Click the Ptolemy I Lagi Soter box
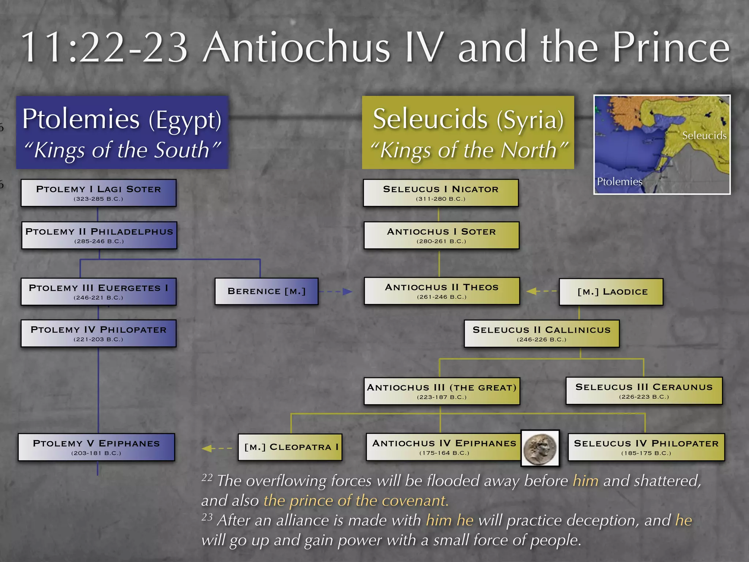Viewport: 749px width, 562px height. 98,193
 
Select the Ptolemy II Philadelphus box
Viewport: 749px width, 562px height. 99,235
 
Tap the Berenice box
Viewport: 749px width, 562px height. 266,291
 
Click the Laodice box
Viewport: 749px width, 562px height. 611,292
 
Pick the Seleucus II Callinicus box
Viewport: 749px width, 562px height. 542,334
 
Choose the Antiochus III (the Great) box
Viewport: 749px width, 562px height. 442,391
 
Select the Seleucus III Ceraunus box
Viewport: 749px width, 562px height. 644,391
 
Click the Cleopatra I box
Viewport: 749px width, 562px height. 290,447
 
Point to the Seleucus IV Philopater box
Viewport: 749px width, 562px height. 646,447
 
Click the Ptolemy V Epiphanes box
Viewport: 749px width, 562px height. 97,447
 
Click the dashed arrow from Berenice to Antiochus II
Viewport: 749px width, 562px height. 335,292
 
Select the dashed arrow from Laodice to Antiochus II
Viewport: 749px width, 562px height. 541,291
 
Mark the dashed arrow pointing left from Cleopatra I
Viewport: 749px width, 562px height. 217,448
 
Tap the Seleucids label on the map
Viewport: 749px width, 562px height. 704,136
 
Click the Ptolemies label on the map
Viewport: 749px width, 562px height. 619,181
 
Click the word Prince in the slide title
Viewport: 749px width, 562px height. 671,48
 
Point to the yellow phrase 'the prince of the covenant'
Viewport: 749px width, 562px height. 356,501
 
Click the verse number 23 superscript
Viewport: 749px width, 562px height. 207,517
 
